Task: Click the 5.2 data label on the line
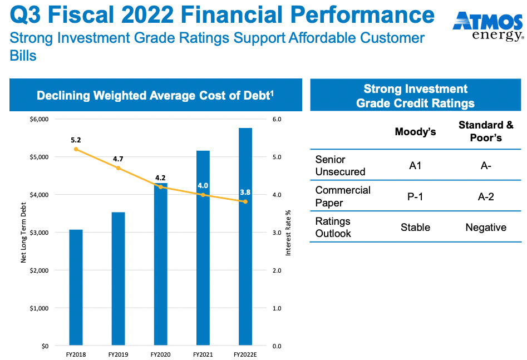pyautogui.click(x=76, y=140)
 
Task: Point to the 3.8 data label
pyautogui.click(x=245, y=192)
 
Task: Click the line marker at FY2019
pyautogui.click(x=118, y=168)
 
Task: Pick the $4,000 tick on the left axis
pyautogui.click(x=39, y=195)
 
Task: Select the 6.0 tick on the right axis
pyautogui.click(x=276, y=119)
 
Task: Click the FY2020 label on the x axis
pyautogui.click(x=160, y=354)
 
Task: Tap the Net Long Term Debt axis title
pyautogui.click(x=23, y=233)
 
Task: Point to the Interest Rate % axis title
pyautogui.click(x=288, y=233)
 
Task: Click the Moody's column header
pyautogui.click(x=415, y=132)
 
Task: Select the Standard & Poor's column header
pyautogui.click(x=486, y=131)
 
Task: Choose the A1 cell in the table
pyautogui.click(x=415, y=166)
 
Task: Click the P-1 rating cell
pyautogui.click(x=415, y=196)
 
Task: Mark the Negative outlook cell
pyautogui.click(x=486, y=227)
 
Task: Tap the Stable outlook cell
pyautogui.click(x=415, y=227)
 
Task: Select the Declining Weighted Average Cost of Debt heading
pyautogui.click(x=155, y=95)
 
